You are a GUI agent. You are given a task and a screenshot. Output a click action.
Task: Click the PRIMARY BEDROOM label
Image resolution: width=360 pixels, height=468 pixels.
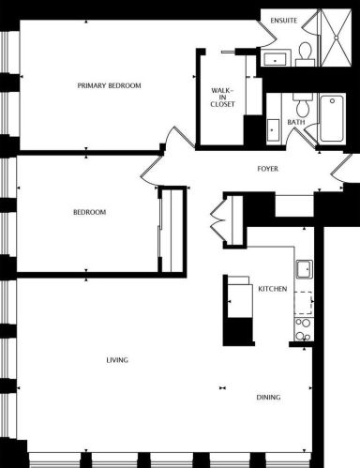click(x=109, y=85)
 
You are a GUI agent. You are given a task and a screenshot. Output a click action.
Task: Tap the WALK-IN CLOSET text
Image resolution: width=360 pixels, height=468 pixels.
click(x=222, y=98)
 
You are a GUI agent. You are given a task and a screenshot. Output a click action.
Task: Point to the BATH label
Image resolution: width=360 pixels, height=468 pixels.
click(x=296, y=122)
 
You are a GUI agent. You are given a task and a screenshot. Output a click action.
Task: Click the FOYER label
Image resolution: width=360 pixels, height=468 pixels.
click(x=270, y=169)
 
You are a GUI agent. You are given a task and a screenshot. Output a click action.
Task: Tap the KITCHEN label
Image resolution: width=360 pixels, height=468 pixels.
click(x=272, y=289)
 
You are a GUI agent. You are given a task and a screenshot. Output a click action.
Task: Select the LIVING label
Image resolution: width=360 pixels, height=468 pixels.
click(x=117, y=360)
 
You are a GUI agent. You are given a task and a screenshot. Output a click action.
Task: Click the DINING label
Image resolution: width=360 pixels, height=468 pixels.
click(x=269, y=398)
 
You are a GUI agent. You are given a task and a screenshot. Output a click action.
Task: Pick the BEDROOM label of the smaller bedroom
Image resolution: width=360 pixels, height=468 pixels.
click(x=89, y=212)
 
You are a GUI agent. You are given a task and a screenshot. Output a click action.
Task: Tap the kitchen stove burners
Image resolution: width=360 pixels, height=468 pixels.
click(x=303, y=329)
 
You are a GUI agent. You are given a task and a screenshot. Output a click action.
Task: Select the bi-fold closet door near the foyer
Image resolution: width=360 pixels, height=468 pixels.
click(x=219, y=222)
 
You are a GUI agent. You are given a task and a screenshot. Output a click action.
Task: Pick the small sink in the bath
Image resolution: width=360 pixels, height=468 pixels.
click(x=272, y=129)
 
